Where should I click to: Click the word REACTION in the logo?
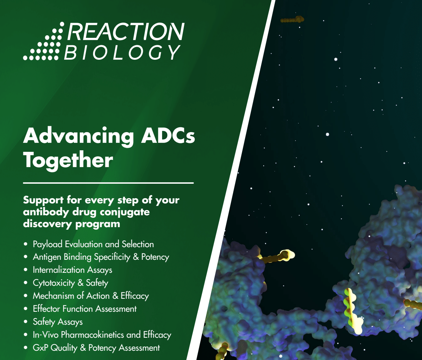coord(126,32)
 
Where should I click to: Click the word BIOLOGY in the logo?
coord(122,52)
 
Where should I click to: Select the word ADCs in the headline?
coord(168,136)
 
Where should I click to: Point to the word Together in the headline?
coord(68,160)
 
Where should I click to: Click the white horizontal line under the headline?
coord(108,183)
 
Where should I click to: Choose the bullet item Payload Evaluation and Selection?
coord(93,244)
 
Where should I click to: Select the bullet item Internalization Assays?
coord(72,270)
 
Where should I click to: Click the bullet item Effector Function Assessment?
coord(85,309)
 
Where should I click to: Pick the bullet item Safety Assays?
coord(57,322)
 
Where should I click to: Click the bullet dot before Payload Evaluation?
coord(26,245)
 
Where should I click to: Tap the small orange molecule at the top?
coord(292,20)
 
